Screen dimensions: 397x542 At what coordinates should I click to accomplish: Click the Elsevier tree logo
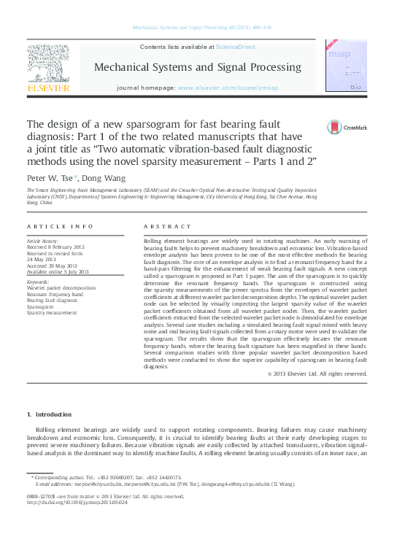coord(48,69)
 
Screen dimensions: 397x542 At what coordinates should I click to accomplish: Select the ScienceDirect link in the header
coord(235,47)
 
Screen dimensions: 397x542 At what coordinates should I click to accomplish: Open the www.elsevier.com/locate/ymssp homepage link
coord(238,88)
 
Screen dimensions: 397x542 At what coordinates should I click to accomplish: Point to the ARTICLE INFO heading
coord(60,227)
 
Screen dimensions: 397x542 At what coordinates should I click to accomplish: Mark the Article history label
coord(43,239)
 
